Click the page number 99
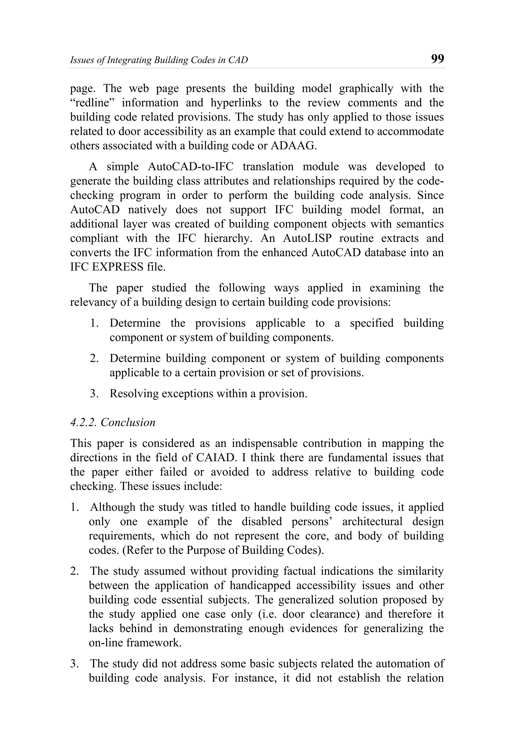click(x=437, y=59)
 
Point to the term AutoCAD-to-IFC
click(x=191, y=167)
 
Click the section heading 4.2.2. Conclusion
click(x=112, y=422)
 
